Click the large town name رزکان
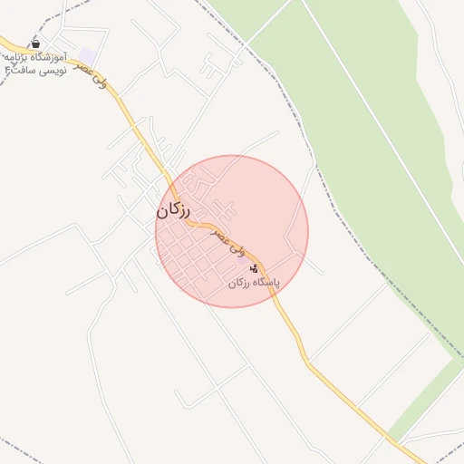174,210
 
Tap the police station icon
254,268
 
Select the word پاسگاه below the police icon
266,283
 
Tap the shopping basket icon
35,43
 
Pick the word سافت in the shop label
22,69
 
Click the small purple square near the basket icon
87,56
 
